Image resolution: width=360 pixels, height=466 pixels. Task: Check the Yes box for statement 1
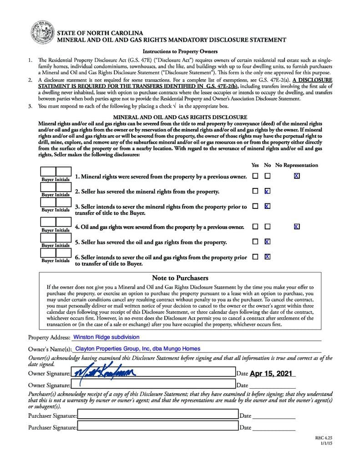255,176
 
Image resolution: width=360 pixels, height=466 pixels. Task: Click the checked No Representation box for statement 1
297,176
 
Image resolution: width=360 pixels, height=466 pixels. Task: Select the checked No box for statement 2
267,191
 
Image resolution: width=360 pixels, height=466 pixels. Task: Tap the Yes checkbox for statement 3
255,206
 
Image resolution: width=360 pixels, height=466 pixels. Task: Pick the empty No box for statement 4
267,226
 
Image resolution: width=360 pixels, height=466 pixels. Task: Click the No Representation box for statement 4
297,226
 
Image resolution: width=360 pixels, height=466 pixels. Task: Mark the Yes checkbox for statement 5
255,242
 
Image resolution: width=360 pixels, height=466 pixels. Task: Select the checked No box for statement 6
267,257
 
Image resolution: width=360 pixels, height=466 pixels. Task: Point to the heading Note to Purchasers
180,278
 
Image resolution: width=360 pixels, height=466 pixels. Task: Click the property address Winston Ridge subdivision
106,337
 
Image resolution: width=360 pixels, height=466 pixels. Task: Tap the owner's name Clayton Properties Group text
137,349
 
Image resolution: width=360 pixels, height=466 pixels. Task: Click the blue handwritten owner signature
105,373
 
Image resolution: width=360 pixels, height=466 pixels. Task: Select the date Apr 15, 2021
271,374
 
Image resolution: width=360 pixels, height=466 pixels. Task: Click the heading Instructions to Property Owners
180,51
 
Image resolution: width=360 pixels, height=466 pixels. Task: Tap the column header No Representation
297,165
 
